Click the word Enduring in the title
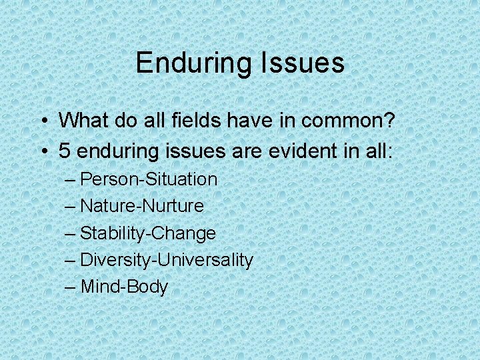pos(191,63)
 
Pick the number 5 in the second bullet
pos(65,151)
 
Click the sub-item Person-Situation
pos(149,179)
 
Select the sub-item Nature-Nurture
pos(142,206)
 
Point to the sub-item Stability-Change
pos(148,233)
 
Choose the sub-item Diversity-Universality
pos(167,260)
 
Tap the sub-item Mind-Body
pos(124,287)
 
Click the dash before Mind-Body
pos(71,287)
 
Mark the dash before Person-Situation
pos(71,180)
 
